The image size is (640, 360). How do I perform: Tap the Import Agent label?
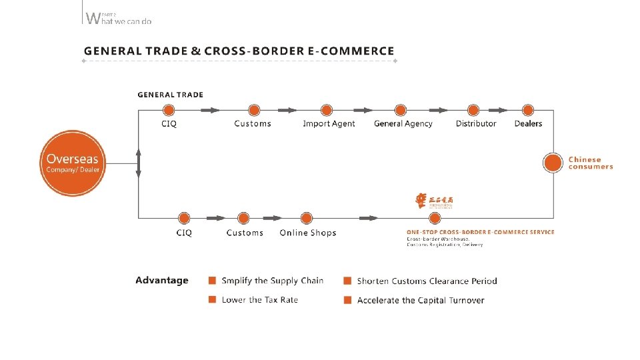(x=329, y=123)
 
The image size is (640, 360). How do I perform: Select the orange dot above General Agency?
(x=400, y=110)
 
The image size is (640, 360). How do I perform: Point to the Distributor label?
(x=476, y=123)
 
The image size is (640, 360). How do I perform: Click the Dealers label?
(x=528, y=123)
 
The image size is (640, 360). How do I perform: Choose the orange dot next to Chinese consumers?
(x=552, y=163)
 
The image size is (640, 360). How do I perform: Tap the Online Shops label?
(x=308, y=233)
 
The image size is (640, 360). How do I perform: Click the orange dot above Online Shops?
(x=307, y=218)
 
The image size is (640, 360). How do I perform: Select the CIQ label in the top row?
(x=169, y=123)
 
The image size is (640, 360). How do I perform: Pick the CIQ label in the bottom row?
(x=184, y=233)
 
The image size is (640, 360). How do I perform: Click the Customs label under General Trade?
(x=253, y=123)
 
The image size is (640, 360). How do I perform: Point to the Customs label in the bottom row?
(x=245, y=233)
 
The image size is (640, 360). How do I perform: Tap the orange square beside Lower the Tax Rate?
(x=212, y=299)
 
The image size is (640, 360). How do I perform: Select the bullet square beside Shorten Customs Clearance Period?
(x=347, y=281)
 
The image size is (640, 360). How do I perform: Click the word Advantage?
(x=162, y=281)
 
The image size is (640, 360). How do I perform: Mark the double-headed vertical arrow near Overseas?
(x=139, y=163)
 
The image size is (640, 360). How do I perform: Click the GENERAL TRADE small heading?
(x=170, y=95)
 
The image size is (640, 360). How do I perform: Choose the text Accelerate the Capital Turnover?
(x=421, y=300)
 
